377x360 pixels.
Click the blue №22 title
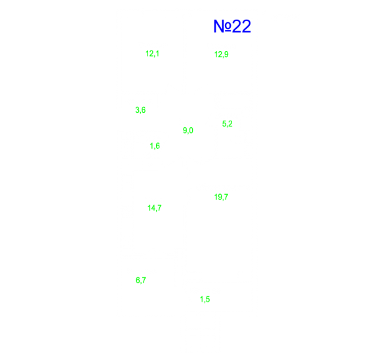point(232,26)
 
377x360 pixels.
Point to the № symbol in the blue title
point(222,26)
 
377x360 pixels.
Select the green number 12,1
point(152,54)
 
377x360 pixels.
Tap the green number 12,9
point(221,54)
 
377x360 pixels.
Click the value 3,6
point(140,110)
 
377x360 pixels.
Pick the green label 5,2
point(228,124)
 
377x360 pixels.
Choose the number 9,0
point(188,130)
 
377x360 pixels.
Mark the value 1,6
point(155,146)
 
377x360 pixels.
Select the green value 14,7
point(154,208)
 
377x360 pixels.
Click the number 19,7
point(221,197)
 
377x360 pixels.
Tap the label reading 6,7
point(141,281)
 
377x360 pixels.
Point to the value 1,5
point(205,300)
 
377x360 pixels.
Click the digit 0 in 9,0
point(191,130)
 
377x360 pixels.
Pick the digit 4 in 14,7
point(153,208)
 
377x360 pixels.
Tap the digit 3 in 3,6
point(137,110)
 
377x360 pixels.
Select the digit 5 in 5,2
point(224,124)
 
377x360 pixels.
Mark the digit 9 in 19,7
point(219,197)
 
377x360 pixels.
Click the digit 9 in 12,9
point(226,54)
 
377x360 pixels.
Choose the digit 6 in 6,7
point(138,280)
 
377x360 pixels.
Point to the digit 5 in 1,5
point(208,299)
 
